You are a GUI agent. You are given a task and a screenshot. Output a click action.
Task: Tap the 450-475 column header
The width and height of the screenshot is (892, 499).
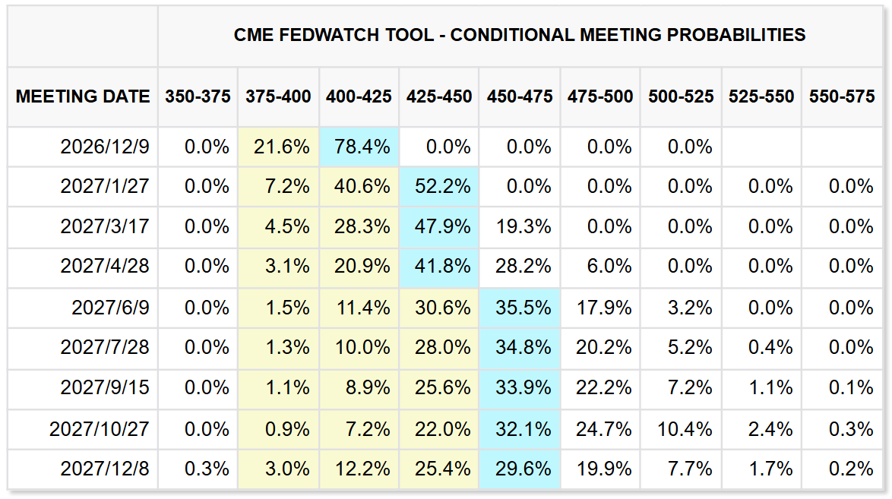pyautogui.click(x=520, y=96)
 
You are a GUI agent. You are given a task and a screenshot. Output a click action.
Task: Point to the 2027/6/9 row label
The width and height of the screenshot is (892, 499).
pyautogui.click(x=110, y=308)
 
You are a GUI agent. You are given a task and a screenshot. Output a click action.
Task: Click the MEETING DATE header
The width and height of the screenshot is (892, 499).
pyautogui.click(x=83, y=96)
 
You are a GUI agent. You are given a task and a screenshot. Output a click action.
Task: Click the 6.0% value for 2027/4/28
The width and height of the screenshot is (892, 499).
pyautogui.click(x=609, y=266)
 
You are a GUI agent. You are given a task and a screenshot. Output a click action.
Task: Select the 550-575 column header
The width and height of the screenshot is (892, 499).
pyautogui.click(x=842, y=96)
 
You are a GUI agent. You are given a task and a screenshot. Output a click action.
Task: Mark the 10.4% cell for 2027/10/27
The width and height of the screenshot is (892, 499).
pyautogui.click(x=685, y=428)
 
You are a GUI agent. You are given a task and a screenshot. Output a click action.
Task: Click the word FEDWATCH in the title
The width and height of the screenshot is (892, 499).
pyautogui.click(x=329, y=35)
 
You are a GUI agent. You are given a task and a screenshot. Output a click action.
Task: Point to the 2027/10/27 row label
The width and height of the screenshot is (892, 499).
pyautogui.click(x=99, y=428)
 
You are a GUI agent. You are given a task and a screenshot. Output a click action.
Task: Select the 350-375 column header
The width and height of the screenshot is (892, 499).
pyautogui.click(x=198, y=96)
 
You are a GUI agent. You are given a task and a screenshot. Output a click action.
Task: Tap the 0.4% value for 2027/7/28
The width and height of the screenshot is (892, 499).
pyautogui.click(x=770, y=347)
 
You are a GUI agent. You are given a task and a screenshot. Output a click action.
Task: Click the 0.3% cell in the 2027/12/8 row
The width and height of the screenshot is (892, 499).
pyautogui.click(x=207, y=469)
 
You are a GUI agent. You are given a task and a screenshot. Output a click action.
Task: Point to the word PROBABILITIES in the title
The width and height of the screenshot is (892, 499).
pyautogui.click(x=736, y=35)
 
